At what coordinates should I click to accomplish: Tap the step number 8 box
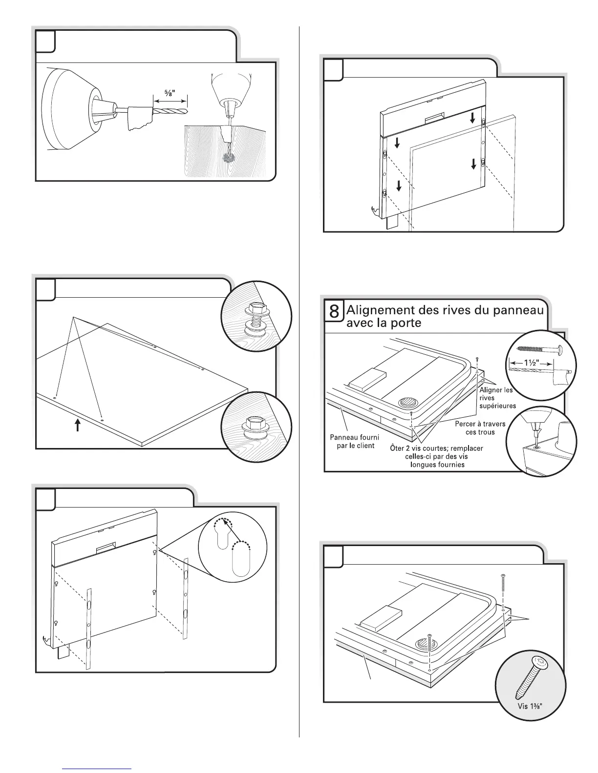[x=334, y=311]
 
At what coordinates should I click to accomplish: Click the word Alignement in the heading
[x=381, y=310]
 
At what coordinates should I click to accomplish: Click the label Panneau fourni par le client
[x=355, y=441]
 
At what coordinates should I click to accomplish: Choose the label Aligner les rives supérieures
[x=497, y=398]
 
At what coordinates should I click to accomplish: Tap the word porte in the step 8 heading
[x=404, y=323]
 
